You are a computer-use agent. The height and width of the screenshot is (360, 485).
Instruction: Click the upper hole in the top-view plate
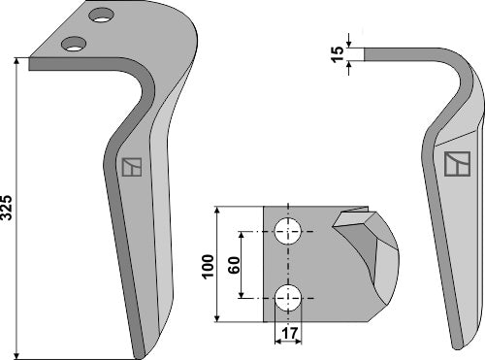point(288,232)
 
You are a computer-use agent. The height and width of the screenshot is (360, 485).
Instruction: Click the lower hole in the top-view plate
point(288,297)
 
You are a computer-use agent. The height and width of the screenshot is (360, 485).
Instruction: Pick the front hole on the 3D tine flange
point(72,43)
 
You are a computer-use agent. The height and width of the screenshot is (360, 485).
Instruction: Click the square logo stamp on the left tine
point(133,167)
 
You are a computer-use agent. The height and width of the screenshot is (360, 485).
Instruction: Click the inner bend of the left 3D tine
point(145,92)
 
